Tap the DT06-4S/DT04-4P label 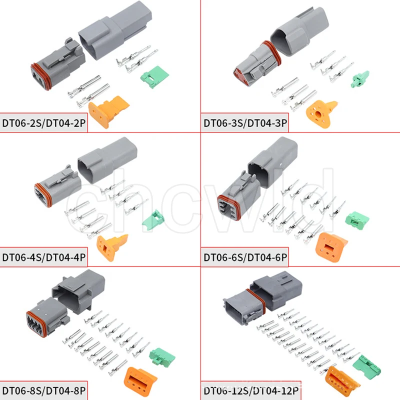click(x=44, y=258)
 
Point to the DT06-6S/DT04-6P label click(x=245, y=258)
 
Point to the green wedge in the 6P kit click(x=357, y=217)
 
